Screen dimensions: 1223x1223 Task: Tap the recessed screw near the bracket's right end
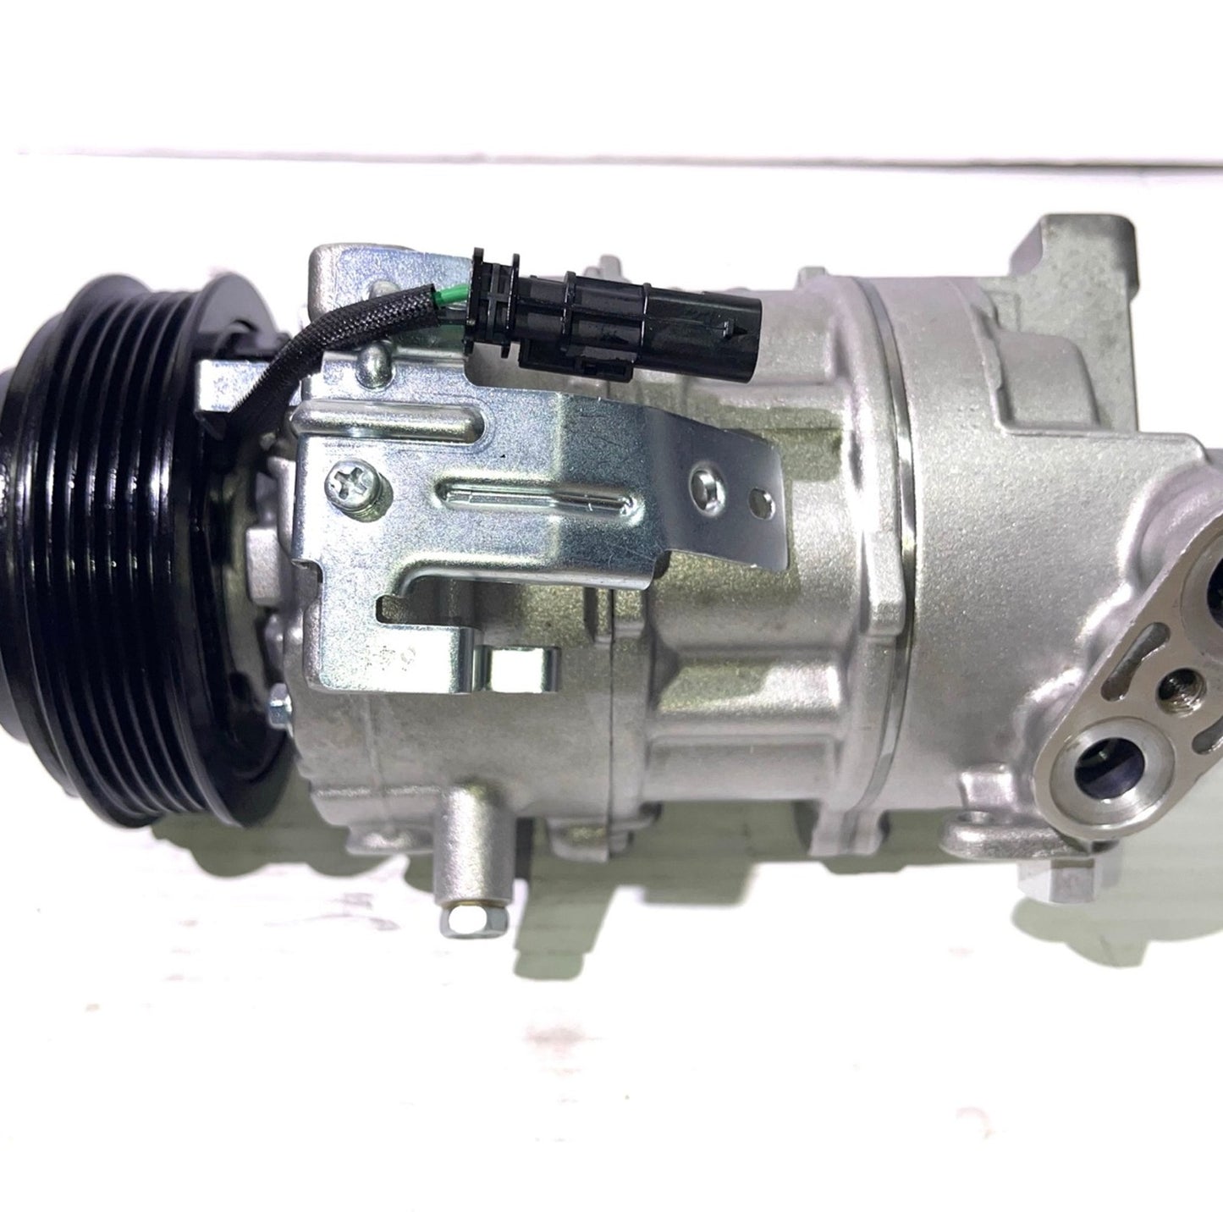pyautogui.click(x=706, y=485)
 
